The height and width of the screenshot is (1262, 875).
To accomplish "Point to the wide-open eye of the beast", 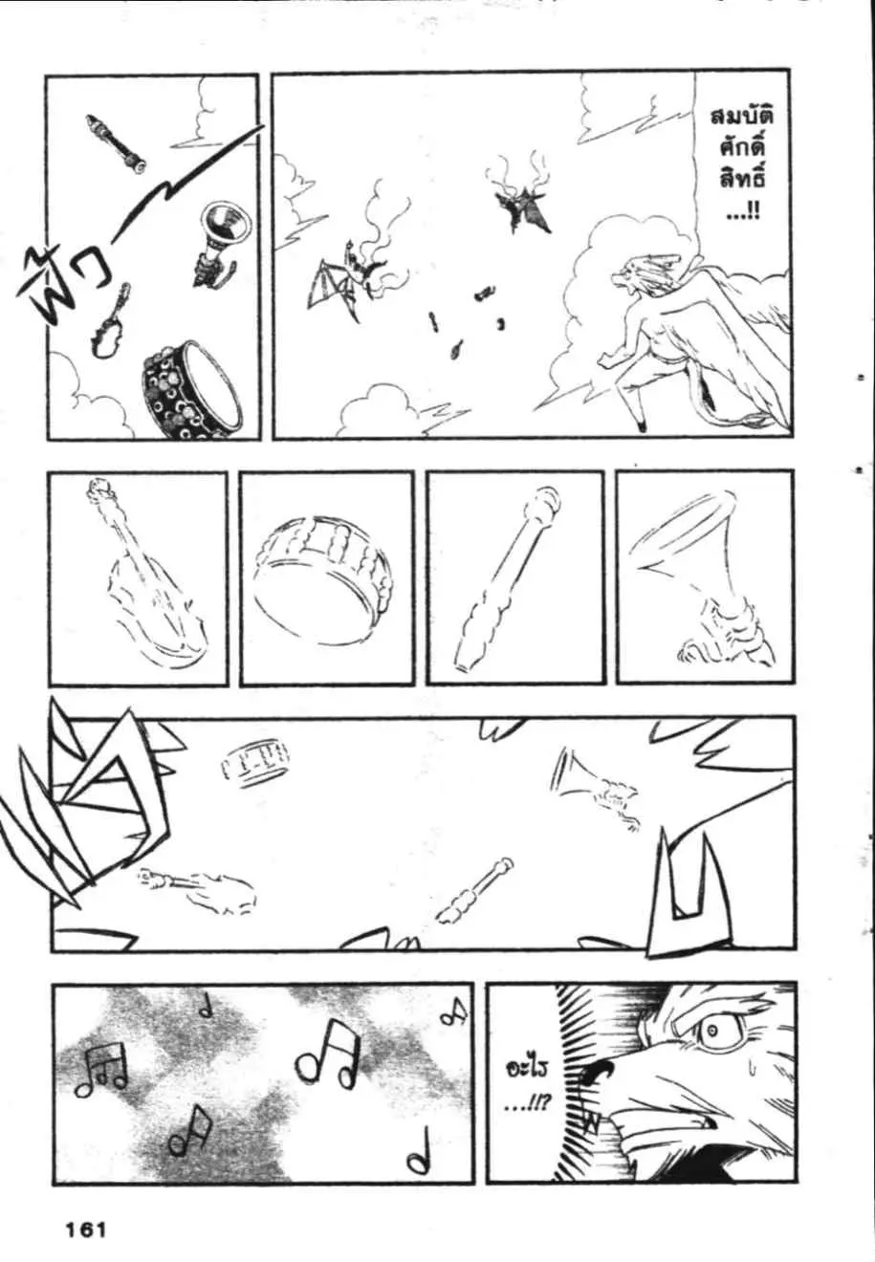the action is (x=712, y=1031).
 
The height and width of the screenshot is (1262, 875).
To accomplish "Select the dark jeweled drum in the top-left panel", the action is (x=191, y=385).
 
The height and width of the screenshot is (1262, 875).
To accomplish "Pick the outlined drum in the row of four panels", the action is (x=321, y=579).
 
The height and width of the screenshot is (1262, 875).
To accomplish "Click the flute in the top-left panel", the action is (x=116, y=143).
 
